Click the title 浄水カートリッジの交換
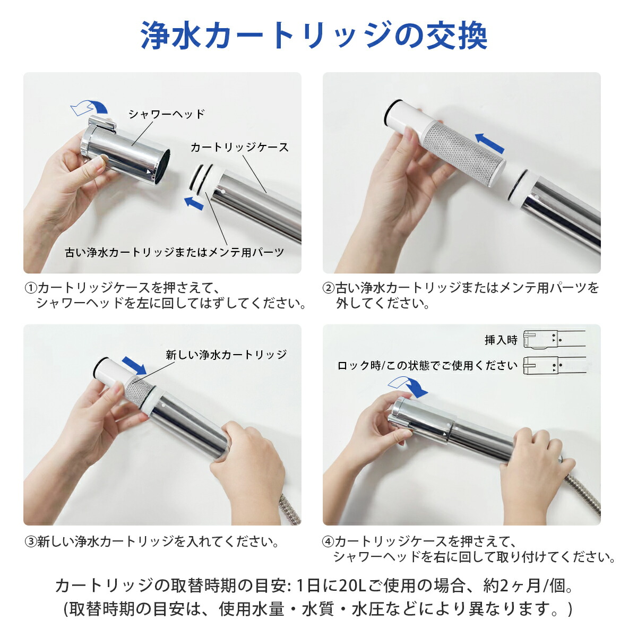pos(314,36)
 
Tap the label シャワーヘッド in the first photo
pos(166,114)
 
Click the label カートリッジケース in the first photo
pos(239,147)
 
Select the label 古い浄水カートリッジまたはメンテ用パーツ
pos(174,253)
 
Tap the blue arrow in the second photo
pos(489,143)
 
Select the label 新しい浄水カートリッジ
pos(226,355)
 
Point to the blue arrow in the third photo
pos(134,366)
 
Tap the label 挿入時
pos(500,340)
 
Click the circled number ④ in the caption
pos(329,542)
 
